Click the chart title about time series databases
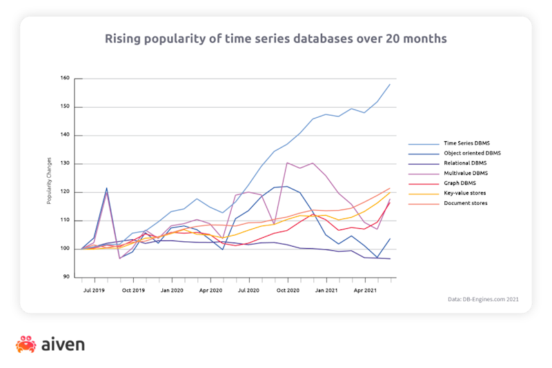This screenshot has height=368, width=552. point(275,38)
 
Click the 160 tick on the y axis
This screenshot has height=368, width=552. point(66,79)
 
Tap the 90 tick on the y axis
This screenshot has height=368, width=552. point(67,277)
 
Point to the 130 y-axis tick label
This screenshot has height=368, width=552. point(66,164)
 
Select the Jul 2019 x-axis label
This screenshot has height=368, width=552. point(94,292)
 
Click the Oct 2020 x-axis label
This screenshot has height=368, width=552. point(288,292)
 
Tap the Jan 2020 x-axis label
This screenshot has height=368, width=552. point(171,292)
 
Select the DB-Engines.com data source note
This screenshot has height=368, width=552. point(484,300)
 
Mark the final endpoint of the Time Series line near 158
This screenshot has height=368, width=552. point(391,84)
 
